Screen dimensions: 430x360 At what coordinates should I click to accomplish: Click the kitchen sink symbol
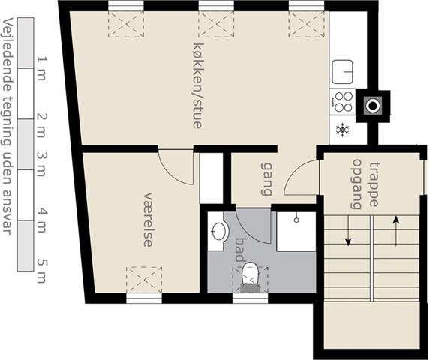(x=342, y=72)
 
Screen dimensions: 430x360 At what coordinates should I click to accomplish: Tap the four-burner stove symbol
(x=342, y=102)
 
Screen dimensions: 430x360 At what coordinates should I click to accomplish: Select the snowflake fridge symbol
(x=343, y=130)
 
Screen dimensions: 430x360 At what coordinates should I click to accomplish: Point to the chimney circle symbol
(x=373, y=106)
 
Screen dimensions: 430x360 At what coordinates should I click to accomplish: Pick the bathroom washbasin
(x=218, y=231)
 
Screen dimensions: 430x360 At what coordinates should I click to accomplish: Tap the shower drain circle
(x=296, y=220)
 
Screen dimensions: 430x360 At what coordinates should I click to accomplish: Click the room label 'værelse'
(x=148, y=220)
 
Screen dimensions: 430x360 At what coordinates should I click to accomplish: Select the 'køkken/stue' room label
(x=198, y=85)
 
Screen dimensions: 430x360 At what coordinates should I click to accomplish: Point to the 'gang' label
(x=266, y=179)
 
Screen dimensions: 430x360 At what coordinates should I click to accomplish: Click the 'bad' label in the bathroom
(x=240, y=250)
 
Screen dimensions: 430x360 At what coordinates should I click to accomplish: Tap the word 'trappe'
(x=374, y=184)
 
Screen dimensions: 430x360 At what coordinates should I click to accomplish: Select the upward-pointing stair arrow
(x=395, y=231)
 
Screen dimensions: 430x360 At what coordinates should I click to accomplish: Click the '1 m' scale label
(x=42, y=68)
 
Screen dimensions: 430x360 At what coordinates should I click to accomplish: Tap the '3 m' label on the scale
(x=42, y=164)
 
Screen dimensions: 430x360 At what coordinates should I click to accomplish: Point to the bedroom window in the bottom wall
(x=144, y=298)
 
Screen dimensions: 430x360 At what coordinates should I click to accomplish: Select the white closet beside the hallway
(x=211, y=178)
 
